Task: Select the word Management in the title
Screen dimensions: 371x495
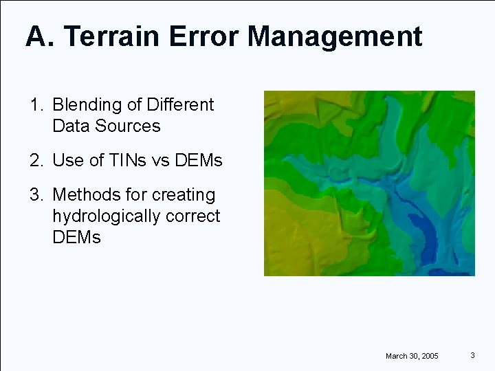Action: coord(335,36)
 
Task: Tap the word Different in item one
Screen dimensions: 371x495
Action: coord(180,105)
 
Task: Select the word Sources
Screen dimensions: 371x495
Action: coord(128,126)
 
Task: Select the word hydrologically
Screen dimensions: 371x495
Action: coord(107,216)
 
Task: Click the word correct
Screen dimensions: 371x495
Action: coord(193,216)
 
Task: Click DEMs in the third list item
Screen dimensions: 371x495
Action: coord(76,238)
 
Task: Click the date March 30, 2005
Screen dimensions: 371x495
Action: coord(412,356)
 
